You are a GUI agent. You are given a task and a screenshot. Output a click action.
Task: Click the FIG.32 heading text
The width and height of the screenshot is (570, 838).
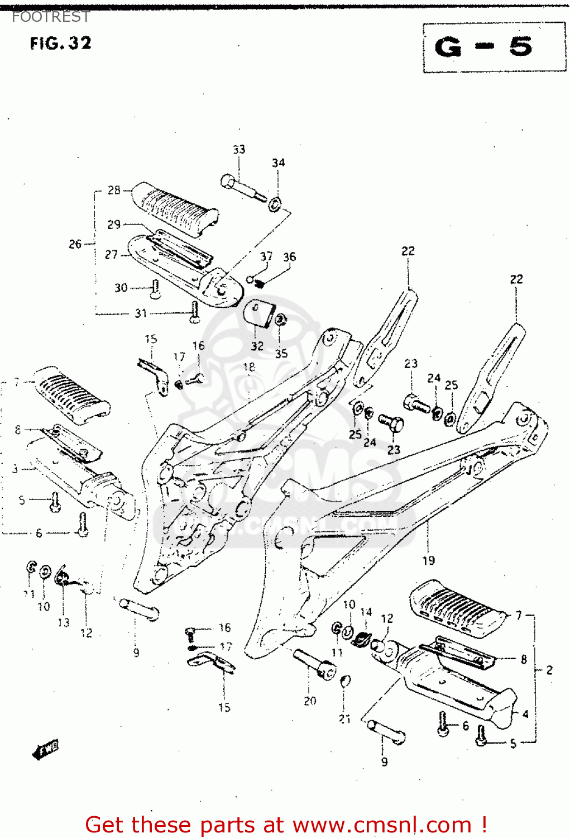tap(60, 43)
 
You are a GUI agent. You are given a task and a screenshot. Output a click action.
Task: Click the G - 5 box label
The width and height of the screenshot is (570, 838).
tap(483, 47)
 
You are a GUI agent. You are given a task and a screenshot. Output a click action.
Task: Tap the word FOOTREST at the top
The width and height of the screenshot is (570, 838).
tap(50, 17)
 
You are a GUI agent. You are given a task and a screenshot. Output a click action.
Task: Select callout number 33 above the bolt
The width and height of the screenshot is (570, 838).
tap(239, 150)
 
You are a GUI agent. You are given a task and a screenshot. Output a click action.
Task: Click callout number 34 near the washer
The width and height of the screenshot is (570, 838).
tap(278, 163)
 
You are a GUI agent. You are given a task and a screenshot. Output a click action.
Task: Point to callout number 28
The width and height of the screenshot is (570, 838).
tap(114, 190)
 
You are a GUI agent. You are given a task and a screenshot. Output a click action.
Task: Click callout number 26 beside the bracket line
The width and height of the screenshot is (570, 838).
tap(75, 244)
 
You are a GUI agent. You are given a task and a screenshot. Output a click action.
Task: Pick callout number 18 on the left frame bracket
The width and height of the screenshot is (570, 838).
tap(249, 367)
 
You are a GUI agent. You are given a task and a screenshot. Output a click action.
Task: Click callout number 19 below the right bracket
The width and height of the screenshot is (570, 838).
tap(428, 560)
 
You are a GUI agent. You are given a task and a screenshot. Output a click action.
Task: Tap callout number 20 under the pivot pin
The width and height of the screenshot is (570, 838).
tap(310, 701)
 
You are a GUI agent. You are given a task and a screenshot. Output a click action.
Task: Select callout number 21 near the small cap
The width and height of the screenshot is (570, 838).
tap(344, 719)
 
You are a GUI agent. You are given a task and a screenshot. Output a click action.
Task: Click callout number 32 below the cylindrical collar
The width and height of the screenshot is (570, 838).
tap(257, 346)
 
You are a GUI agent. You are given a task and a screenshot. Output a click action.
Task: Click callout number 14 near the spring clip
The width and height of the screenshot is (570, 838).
tap(366, 612)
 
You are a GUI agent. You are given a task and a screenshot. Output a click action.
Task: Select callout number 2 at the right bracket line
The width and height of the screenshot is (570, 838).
tap(549, 670)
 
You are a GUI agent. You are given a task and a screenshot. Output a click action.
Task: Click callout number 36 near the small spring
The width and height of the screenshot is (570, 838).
tap(289, 257)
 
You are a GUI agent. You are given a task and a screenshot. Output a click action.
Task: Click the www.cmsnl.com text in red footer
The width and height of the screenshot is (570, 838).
tap(382, 825)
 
